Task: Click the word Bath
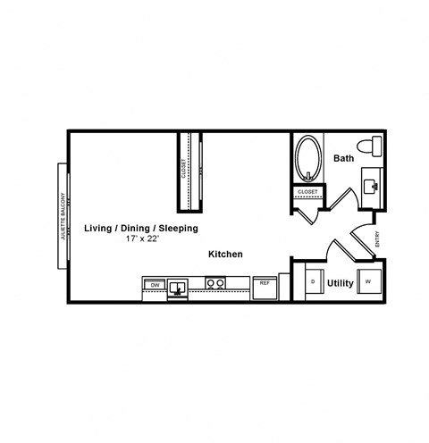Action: click(x=343, y=159)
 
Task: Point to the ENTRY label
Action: click(x=378, y=240)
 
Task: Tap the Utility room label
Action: click(x=341, y=284)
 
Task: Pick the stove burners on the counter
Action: click(x=214, y=284)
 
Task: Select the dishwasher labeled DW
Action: click(x=155, y=285)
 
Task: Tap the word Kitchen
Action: click(x=225, y=255)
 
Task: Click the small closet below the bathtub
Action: click(x=307, y=191)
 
